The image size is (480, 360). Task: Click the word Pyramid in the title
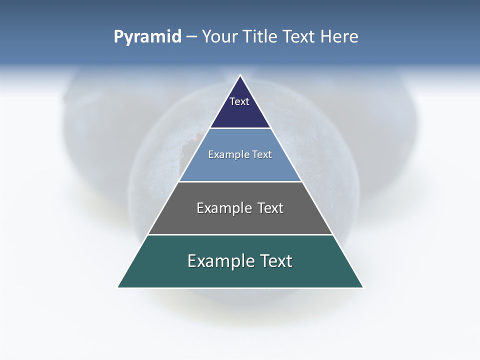(147, 37)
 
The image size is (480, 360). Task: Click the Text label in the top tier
(239, 101)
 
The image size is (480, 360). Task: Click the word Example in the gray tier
(223, 208)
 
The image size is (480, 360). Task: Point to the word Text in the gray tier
(270, 208)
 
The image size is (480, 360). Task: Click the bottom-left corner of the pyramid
(118, 287)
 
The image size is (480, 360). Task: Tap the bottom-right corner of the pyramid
(363, 287)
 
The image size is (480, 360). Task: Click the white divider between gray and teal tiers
(240, 234)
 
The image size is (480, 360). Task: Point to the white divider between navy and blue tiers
(240, 128)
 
